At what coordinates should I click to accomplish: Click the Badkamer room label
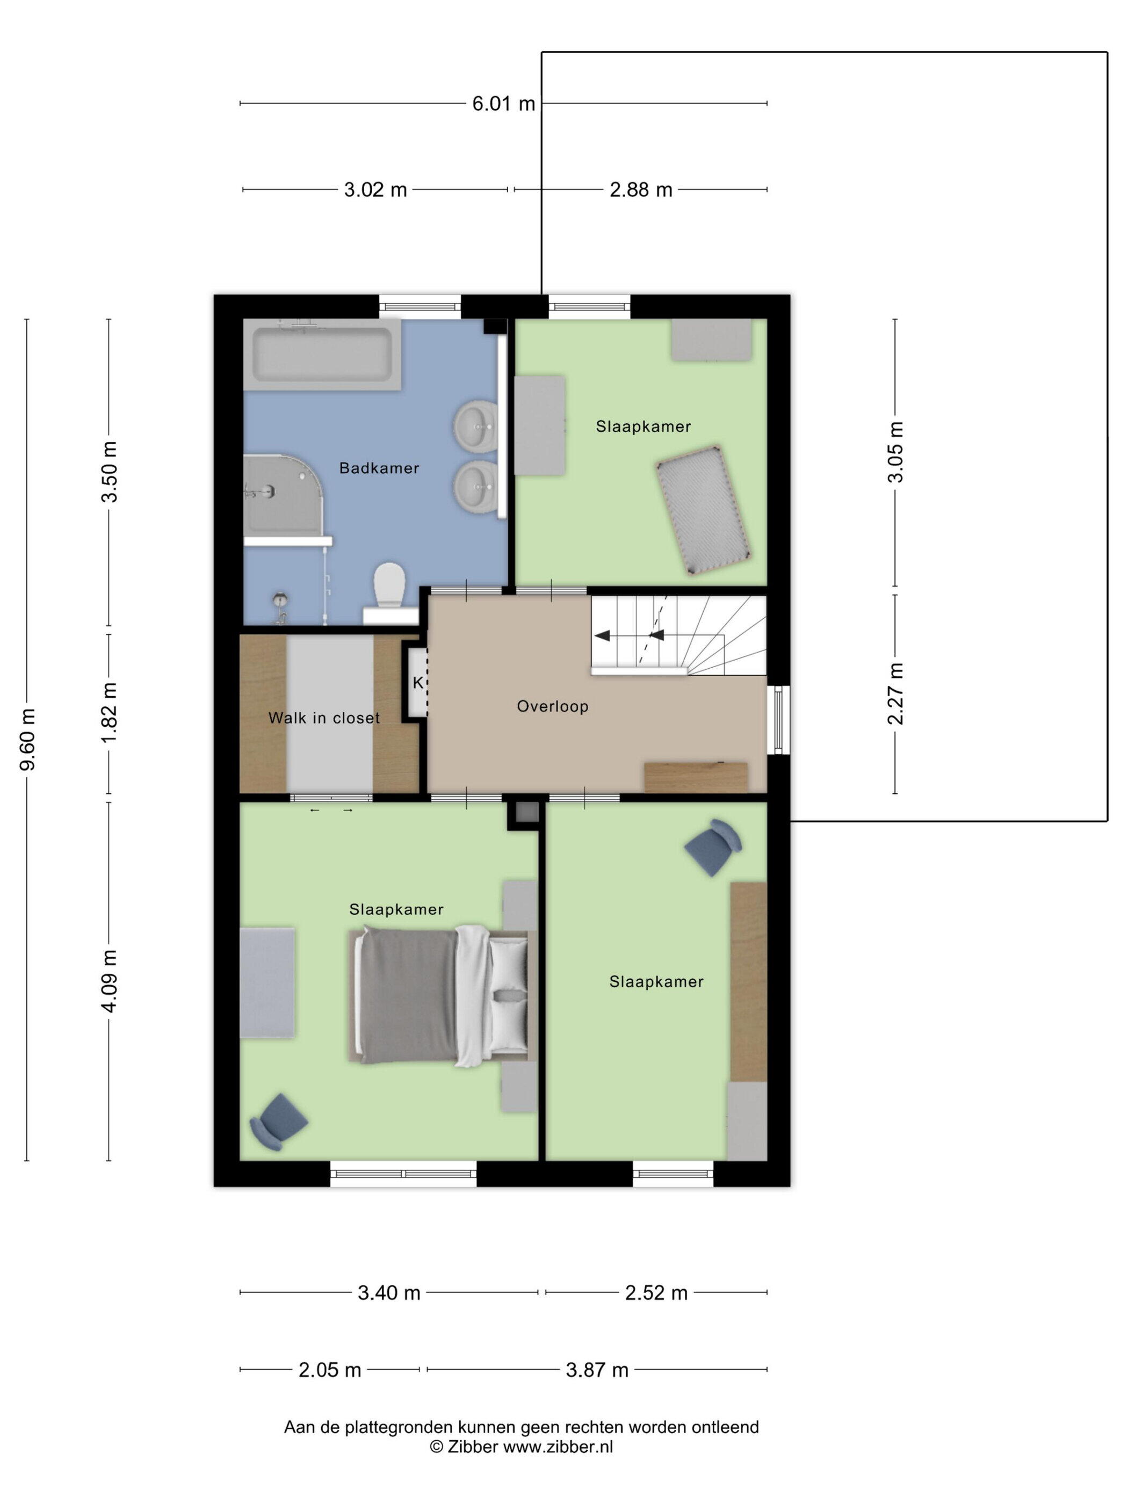379,468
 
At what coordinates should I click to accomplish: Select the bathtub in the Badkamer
322,354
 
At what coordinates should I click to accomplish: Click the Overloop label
552,706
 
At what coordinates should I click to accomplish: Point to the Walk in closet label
324,718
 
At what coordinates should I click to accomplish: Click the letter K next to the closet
418,683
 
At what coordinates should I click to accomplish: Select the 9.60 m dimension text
28,740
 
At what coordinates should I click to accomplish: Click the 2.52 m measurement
656,1292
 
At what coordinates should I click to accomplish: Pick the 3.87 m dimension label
597,1370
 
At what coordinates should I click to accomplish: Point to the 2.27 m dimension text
895,693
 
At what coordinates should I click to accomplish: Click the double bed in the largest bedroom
443,996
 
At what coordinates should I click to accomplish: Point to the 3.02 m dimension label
375,190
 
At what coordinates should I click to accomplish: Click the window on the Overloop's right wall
778,720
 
